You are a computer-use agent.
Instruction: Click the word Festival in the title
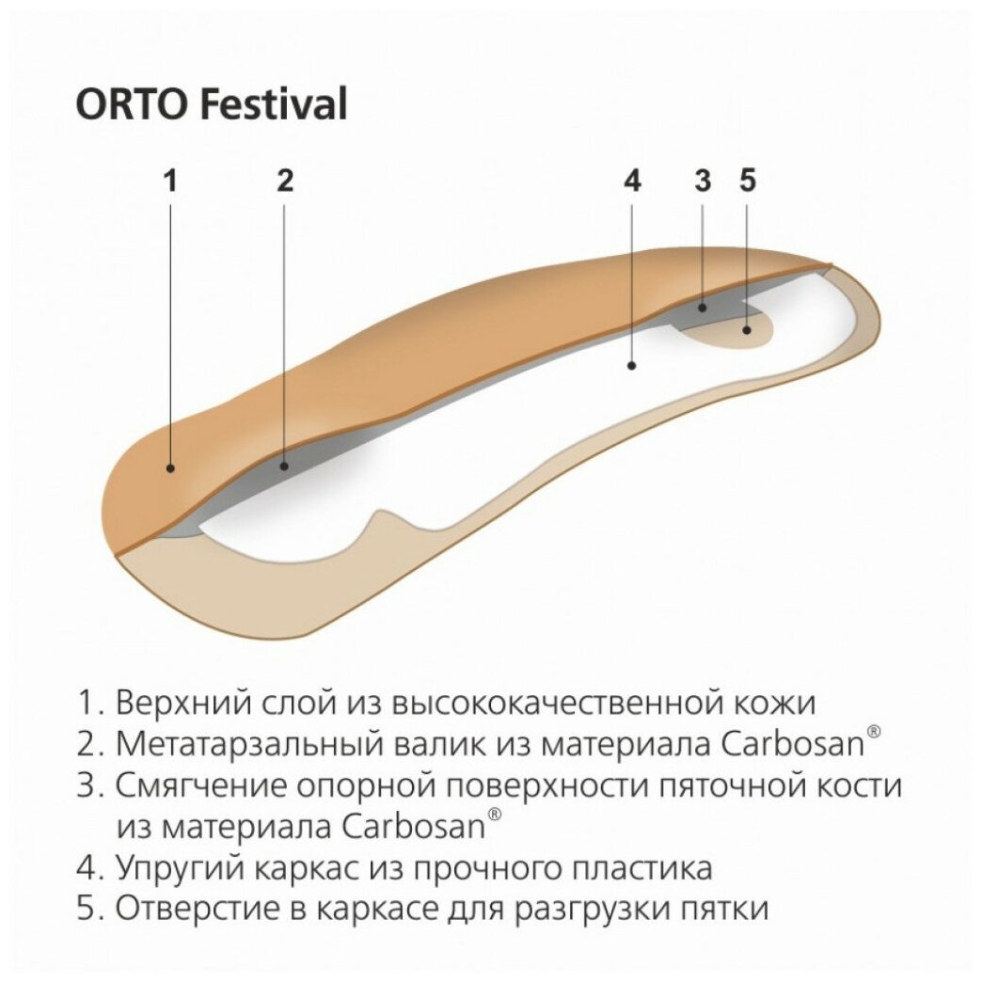[274, 104]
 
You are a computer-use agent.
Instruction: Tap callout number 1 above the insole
[170, 181]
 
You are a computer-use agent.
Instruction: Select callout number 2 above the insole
[285, 181]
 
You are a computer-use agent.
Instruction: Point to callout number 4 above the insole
[632, 181]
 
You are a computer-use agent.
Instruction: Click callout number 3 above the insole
[703, 181]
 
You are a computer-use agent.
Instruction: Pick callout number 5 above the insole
[748, 181]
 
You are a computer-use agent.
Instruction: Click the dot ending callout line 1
[170, 467]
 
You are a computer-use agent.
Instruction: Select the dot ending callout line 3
[703, 307]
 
